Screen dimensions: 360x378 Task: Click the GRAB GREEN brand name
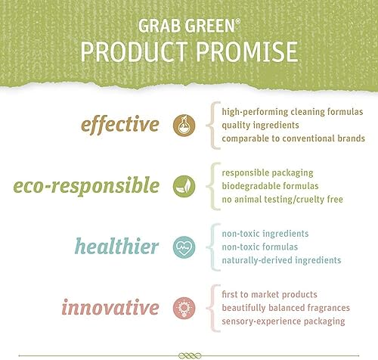188,24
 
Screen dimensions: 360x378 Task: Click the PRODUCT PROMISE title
188,53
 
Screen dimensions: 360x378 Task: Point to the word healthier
116,247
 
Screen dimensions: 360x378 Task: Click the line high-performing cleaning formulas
293,111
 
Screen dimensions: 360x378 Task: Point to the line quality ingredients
261,125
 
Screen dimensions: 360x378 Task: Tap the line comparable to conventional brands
293,138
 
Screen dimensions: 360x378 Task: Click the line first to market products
269,295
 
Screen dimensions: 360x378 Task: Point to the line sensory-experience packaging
283,322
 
